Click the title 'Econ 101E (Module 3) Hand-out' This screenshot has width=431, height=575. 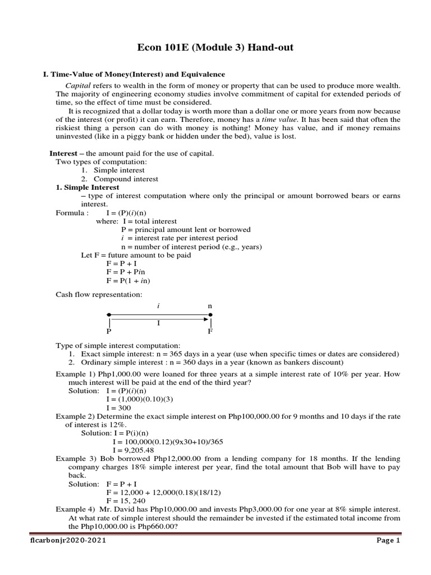coord(215,48)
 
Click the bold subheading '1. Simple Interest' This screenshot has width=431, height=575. coord(87,187)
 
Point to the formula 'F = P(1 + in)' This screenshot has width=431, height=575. coord(128,280)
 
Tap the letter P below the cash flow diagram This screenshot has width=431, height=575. coord(109,331)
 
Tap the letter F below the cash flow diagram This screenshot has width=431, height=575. coord(210,331)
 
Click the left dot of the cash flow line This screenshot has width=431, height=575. coord(109,315)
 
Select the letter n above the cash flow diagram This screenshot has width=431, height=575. coord(210,306)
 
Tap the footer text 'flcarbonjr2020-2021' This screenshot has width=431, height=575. coord(67,541)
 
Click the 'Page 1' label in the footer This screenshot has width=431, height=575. coord(388,541)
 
